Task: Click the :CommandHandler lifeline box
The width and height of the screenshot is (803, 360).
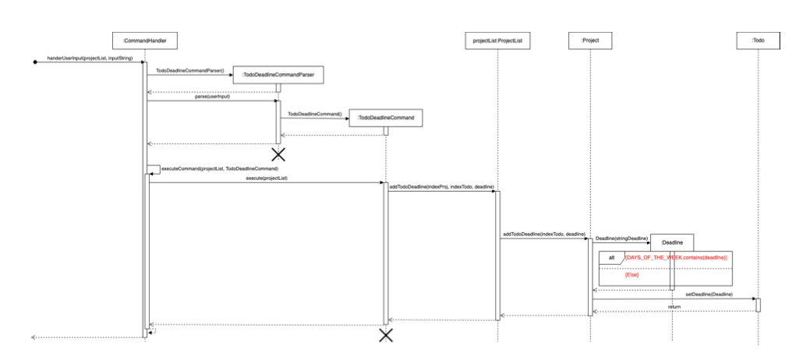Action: pos(145,39)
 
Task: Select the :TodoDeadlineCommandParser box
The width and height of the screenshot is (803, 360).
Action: pos(278,75)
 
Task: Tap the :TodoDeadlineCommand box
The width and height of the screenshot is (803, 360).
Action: pos(385,117)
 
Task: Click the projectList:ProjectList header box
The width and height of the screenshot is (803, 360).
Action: pos(497,39)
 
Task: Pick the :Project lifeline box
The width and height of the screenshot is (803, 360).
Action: pos(589,39)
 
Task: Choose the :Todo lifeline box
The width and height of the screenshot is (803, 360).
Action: pos(758,39)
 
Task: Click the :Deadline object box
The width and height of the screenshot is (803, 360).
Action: pos(671,244)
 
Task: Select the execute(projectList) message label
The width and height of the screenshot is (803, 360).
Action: pos(266,178)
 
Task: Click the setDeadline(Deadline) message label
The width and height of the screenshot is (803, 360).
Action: pos(709,294)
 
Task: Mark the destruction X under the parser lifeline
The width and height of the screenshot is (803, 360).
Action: pos(278,154)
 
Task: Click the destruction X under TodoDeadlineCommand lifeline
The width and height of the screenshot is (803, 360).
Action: pos(385,335)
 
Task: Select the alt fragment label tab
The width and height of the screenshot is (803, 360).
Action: pos(610,257)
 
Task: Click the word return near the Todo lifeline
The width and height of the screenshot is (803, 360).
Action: pos(674,307)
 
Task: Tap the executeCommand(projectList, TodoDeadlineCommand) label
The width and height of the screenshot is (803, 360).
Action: pos(219,168)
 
